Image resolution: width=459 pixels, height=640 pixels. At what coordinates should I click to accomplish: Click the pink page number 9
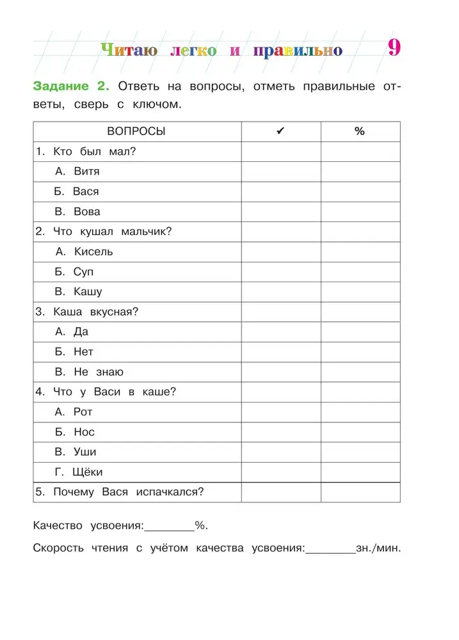click(x=394, y=48)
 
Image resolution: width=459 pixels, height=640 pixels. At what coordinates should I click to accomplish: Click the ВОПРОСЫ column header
click(x=136, y=131)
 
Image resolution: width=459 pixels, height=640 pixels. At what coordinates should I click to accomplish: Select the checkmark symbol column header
click(x=280, y=131)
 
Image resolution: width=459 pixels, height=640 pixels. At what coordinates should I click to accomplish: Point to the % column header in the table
click(x=360, y=131)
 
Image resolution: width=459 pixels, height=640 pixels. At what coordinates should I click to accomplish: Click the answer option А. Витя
click(x=77, y=172)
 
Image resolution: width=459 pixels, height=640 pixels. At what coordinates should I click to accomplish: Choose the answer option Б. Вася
click(x=77, y=191)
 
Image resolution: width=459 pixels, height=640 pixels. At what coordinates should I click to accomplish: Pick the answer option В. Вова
click(x=77, y=211)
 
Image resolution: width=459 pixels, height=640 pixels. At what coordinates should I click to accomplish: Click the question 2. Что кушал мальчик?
click(x=104, y=232)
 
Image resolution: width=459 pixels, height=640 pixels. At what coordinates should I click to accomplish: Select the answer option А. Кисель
click(x=84, y=252)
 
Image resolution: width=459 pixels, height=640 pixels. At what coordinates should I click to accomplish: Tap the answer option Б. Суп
click(x=74, y=271)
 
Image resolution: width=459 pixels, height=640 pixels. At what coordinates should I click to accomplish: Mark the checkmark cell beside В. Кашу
click(x=280, y=292)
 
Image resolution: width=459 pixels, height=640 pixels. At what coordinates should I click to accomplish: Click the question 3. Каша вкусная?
click(x=87, y=312)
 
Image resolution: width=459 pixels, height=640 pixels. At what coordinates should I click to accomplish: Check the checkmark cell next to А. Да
click(x=280, y=332)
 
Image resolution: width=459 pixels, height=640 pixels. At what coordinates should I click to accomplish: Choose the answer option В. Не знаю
click(x=89, y=372)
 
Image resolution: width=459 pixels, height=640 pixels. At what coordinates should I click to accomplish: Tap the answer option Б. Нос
click(x=75, y=432)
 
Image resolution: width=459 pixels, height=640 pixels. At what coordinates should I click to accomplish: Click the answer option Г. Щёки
click(x=79, y=472)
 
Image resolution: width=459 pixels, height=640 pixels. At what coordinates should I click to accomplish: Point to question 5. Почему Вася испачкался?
click(x=120, y=492)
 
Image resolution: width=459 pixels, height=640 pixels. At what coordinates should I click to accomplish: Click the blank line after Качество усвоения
click(x=170, y=526)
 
